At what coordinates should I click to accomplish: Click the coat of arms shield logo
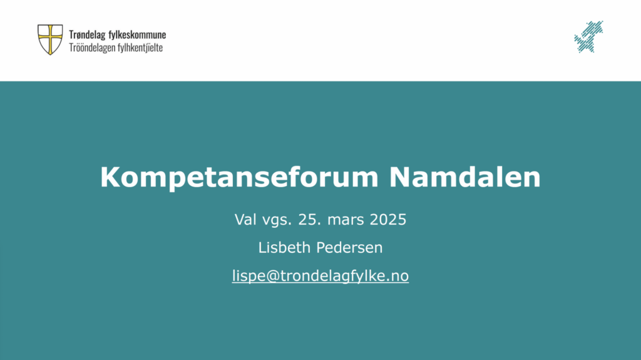coord(50,39)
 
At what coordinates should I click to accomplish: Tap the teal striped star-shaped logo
coord(588,37)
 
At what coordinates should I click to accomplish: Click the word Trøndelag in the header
coord(87,35)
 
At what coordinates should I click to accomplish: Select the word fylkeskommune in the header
coord(137,35)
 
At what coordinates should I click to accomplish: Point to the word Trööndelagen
coord(92,48)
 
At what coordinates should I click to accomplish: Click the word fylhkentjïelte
coord(140,48)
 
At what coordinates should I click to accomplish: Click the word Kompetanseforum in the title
coord(240,177)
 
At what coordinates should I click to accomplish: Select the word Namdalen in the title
coord(465,177)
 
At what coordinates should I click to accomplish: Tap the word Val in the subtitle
coord(245,219)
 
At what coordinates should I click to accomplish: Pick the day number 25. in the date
coord(309,219)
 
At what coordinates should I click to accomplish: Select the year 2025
coord(388,219)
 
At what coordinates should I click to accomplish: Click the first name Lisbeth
coord(285,247)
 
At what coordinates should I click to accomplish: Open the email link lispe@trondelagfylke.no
coord(320,275)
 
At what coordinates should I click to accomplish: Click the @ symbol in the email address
coord(273,276)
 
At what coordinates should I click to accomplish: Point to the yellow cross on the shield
coord(50,39)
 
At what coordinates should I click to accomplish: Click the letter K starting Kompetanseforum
coord(110,177)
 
